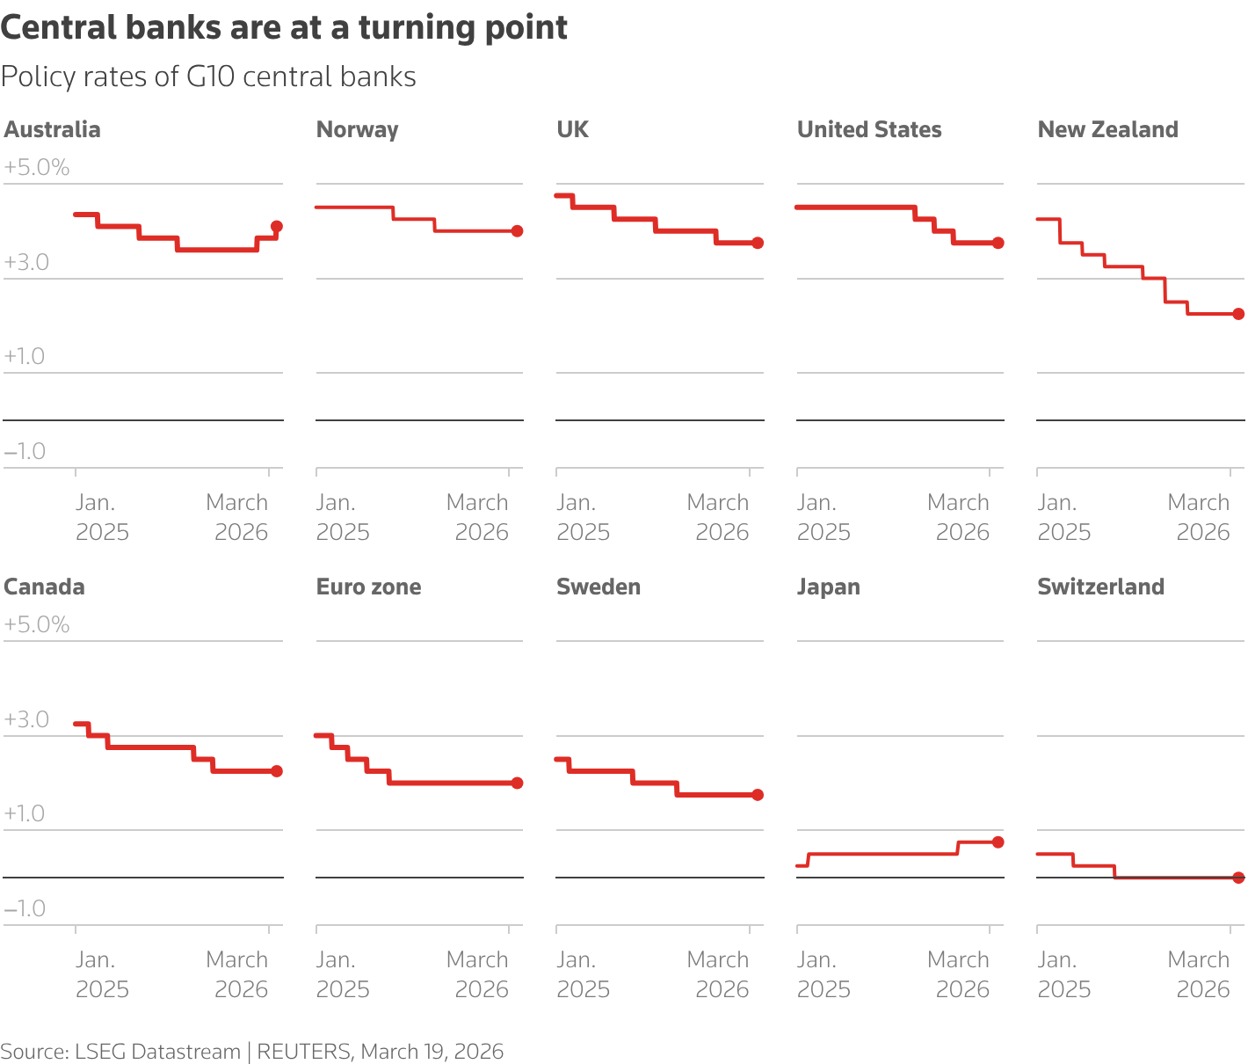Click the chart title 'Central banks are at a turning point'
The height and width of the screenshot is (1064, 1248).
point(284,28)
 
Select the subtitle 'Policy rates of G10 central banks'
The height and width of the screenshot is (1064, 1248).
point(208,77)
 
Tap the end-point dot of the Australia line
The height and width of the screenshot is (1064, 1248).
point(277,226)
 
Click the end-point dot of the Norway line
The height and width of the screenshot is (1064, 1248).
point(517,231)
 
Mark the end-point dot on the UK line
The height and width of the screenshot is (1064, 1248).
point(758,243)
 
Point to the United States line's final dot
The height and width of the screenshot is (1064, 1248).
point(998,243)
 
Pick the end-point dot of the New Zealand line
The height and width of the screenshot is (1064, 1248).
point(1238,314)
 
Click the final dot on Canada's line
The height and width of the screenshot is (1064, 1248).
point(277,771)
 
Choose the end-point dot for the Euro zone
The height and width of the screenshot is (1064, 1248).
point(517,783)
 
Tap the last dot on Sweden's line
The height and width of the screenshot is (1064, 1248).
point(758,795)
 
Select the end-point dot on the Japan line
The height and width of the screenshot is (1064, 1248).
point(998,842)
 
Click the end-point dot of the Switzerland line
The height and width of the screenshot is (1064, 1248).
point(1238,878)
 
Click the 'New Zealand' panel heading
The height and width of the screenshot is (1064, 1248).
point(1107,130)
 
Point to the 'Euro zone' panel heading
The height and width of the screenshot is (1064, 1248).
point(368,587)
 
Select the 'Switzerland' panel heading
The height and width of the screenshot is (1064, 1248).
point(1100,587)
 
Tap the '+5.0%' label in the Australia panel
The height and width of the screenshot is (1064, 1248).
point(37,168)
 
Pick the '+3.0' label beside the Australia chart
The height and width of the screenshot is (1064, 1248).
point(26,262)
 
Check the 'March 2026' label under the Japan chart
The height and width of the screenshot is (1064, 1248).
point(958,974)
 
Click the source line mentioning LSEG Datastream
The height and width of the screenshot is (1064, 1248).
point(251,1052)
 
